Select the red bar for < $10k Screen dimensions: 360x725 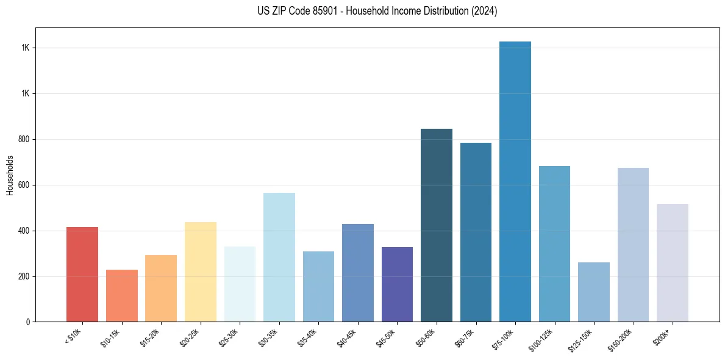click(82, 274)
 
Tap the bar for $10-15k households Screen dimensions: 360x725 click(122, 295)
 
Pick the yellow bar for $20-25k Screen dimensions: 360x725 click(201, 272)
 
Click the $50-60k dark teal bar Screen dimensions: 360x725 click(437, 225)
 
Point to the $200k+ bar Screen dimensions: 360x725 click(673, 262)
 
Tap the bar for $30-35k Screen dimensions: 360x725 click(279, 257)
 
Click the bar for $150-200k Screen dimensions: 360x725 click(633, 245)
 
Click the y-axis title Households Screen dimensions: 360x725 click(10, 175)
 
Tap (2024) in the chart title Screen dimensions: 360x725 click(484, 11)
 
